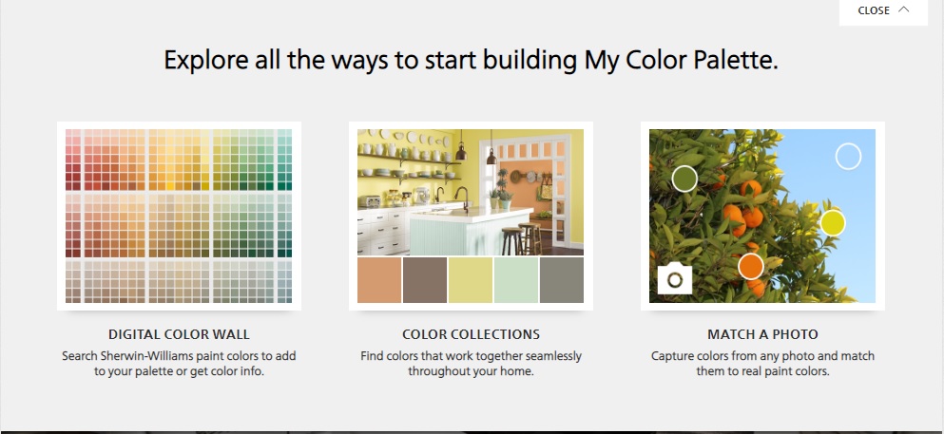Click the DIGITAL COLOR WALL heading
pyautogui.click(x=179, y=334)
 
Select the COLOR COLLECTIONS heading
pyautogui.click(x=471, y=334)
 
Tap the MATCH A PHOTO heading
pyautogui.click(x=762, y=334)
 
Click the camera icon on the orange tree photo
pyautogui.click(x=675, y=279)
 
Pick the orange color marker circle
pyautogui.click(x=751, y=266)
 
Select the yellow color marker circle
pyautogui.click(x=833, y=223)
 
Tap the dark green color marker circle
pyautogui.click(x=684, y=179)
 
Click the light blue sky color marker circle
pyautogui.click(x=848, y=157)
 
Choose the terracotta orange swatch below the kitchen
pyautogui.click(x=379, y=280)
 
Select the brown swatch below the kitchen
pyautogui.click(x=425, y=280)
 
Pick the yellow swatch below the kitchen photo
pyautogui.click(x=471, y=280)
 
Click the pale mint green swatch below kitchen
pyautogui.click(x=516, y=280)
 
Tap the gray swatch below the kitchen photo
pyautogui.click(x=562, y=280)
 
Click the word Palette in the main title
pyautogui.click(x=722, y=60)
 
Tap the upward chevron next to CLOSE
pyautogui.click(x=904, y=9)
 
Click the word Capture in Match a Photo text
pyautogui.click(x=672, y=356)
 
